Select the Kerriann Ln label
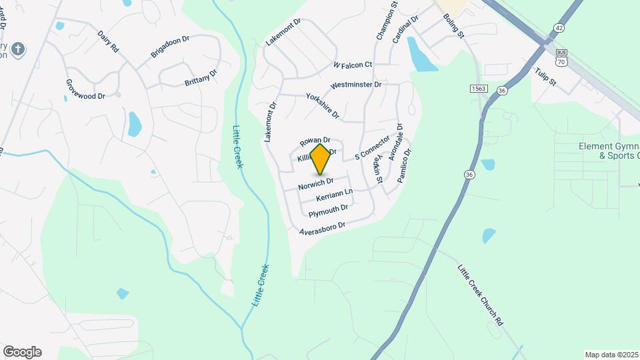335,196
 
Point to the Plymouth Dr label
328,211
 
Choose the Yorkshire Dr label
323,106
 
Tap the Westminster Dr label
356,85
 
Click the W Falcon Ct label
352,65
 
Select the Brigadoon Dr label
170,47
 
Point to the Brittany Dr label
201,77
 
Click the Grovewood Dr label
85,90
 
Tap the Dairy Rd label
108,41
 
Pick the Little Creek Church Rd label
480,294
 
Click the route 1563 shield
477,88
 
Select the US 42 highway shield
558,27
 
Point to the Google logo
22,352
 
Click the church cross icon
19,49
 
